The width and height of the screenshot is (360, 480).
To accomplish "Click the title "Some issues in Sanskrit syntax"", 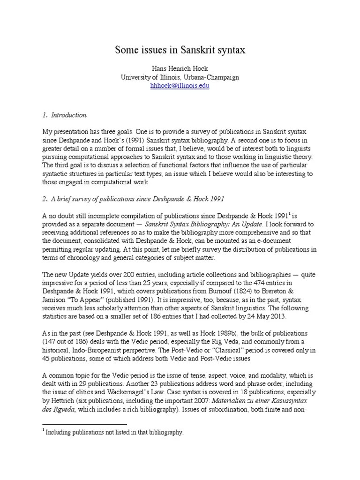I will pyautogui.click(x=180, y=50).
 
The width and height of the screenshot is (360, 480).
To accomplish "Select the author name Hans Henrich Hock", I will pyautogui.click(x=180, y=68).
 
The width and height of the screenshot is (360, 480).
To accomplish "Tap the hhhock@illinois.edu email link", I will pyautogui.click(x=180, y=86).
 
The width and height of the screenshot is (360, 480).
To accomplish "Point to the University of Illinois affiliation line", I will pyautogui.click(x=180, y=77).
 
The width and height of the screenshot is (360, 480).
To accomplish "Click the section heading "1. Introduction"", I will pyautogui.click(x=64, y=115).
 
